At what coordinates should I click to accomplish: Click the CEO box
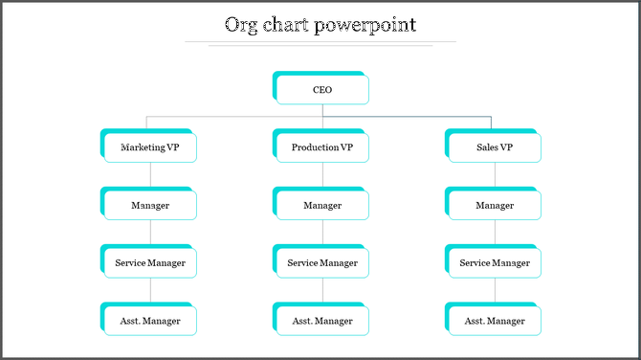[322, 90]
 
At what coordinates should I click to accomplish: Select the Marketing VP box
[150, 147]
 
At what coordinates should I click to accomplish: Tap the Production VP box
[322, 147]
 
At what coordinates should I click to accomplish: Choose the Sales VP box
[495, 147]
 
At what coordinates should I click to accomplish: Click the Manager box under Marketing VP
[150, 205]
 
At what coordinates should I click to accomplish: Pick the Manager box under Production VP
[322, 205]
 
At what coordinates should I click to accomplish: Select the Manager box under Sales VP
[495, 205]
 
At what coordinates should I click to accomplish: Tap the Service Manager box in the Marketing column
[150, 262]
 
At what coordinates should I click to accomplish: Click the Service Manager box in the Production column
[322, 262]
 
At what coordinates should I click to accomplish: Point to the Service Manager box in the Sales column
[495, 262]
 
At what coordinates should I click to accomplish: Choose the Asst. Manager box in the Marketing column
[150, 320]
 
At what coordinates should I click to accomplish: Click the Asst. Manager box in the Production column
[322, 320]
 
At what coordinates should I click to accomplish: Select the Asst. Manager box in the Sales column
[495, 320]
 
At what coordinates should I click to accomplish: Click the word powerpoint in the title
[369, 25]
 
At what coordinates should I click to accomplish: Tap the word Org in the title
[239, 25]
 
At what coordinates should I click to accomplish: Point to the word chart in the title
[287, 25]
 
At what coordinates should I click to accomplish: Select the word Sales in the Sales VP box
[486, 147]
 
